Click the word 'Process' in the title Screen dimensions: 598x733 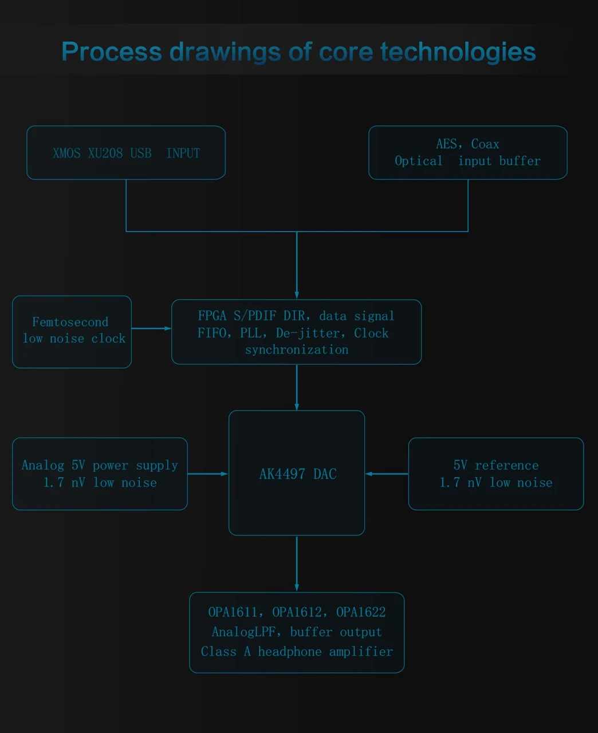coord(112,52)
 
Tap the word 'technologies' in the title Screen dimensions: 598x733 coord(458,52)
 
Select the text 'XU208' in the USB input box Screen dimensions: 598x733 coord(105,153)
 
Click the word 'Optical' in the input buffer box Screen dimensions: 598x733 coord(419,161)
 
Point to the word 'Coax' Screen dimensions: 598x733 coord(485,144)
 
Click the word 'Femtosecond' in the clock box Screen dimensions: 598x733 coord(70,322)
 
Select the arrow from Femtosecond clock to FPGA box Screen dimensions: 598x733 coord(151,328)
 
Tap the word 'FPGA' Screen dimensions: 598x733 coord(212,316)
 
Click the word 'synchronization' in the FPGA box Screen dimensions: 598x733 coord(297,350)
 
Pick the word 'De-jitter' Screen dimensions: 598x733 coord(308,333)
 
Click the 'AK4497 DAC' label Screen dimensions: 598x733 coord(298,474)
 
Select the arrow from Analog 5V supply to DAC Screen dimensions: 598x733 coord(208,474)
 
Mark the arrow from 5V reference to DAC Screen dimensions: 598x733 coord(387,474)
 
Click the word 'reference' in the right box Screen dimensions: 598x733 coord(506,466)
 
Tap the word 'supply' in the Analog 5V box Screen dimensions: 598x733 coord(157,466)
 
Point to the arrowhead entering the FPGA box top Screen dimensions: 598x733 coord(297,295)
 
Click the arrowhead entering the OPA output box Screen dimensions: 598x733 coord(297,588)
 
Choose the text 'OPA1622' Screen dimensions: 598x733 coord(361,612)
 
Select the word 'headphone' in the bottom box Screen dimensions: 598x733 coord(290,652)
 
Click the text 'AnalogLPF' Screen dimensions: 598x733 coord(243,632)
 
